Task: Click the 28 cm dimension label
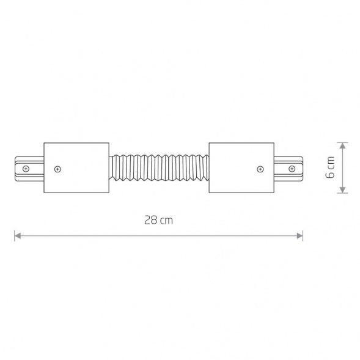pyautogui.click(x=158, y=221)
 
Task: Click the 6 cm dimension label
pyautogui.click(x=330, y=167)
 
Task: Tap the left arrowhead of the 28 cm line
pyautogui.click(x=18, y=236)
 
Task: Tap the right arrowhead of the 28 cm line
pyautogui.click(x=299, y=236)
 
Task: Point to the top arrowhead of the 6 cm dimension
pyautogui.click(x=342, y=145)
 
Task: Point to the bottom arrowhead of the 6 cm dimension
pyautogui.click(x=342, y=190)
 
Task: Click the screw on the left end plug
pyautogui.click(x=26, y=169)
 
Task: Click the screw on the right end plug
pyautogui.click(x=292, y=169)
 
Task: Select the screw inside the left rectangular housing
pyautogui.click(x=57, y=169)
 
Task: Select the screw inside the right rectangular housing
pyautogui.click(x=260, y=169)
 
